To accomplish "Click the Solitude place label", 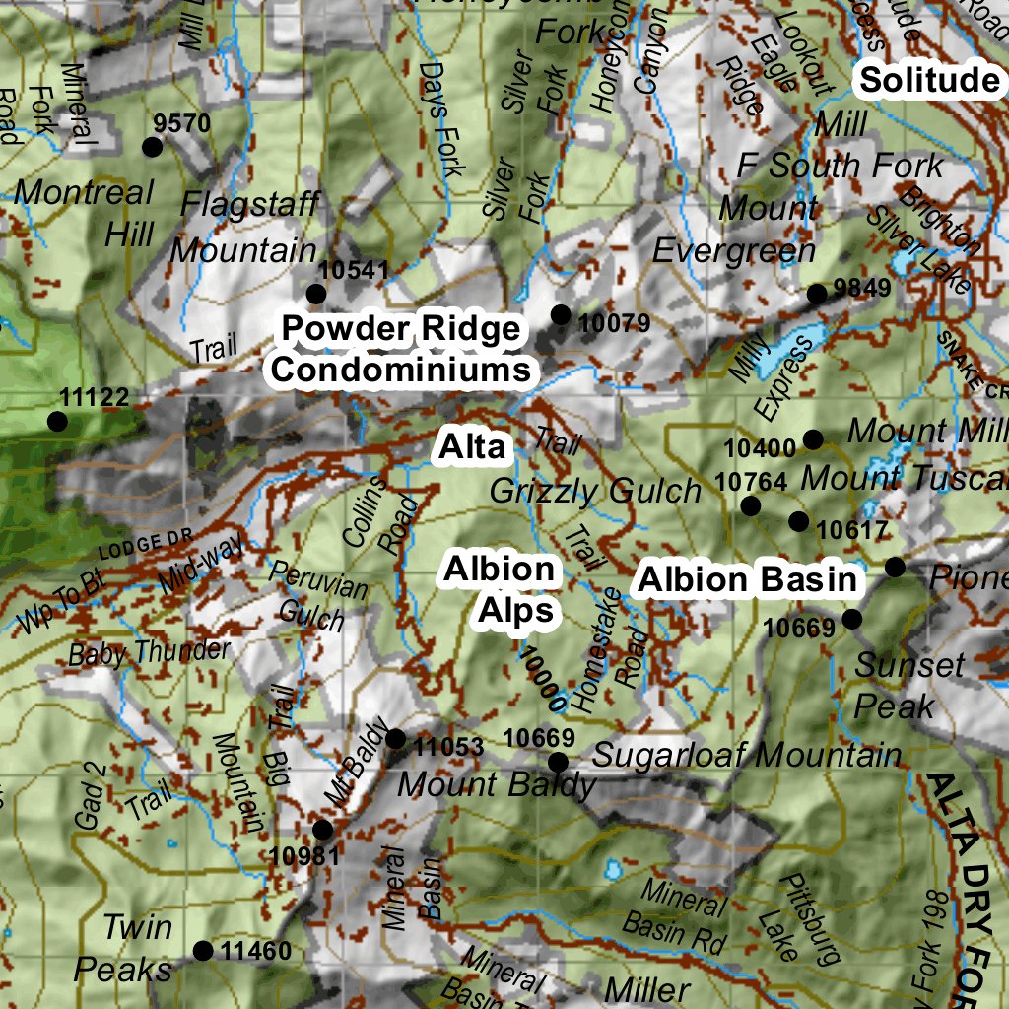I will (x=928, y=80).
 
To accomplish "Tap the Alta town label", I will (x=472, y=446).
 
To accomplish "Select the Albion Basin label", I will (x=747, y=579).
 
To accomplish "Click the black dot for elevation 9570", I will (x=152, y=147).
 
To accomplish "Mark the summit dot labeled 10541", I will (x=316, y=294).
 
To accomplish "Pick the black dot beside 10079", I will (x=561, y=314).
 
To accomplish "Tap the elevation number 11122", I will (x=94, y=398).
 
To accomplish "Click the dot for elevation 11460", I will (x=203, y=951).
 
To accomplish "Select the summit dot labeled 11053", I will (x=396, y=739).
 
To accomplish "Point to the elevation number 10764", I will (x=752, y=482).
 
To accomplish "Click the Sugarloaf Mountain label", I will (x=747, y=756).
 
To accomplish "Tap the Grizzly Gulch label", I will (x=595, y=490).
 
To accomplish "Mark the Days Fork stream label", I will (x=440, y=119).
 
